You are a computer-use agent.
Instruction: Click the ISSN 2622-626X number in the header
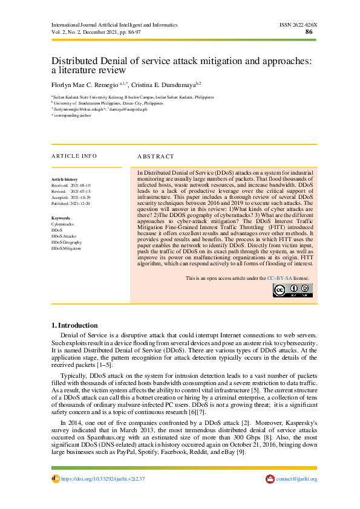coord(298,25)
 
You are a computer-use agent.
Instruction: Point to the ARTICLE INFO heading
coord(74,156)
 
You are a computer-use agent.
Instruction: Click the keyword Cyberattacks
coord(63,224)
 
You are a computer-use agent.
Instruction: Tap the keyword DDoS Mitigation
coord(66,248)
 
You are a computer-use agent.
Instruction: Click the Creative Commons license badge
coord(292,291)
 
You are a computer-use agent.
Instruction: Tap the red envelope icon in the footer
coord(270,479)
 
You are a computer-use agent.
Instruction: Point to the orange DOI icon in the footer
coord(55,479)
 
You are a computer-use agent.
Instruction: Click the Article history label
coord(64,180)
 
